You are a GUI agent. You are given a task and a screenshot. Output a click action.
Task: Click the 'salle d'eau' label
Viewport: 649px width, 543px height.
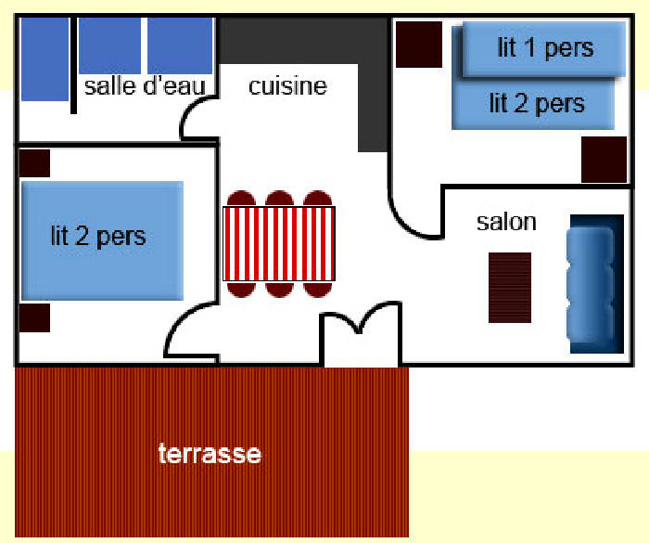pos(144,86)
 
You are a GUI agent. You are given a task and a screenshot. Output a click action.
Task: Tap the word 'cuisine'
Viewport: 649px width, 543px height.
pos(287,86)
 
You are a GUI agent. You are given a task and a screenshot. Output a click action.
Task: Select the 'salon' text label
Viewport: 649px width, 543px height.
pos(506,222)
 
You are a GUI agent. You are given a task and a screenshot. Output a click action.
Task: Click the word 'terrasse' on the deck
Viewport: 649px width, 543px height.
pos(210,455)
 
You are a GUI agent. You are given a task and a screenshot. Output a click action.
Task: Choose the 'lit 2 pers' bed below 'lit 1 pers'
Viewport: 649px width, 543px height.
pos(536,104)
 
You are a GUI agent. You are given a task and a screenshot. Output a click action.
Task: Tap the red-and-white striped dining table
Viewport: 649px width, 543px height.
pos(278,243)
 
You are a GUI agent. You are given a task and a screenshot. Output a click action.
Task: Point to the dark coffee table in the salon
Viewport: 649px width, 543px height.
pos(510,287)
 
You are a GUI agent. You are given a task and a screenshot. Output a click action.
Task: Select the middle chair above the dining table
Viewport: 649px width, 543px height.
pos(279,199)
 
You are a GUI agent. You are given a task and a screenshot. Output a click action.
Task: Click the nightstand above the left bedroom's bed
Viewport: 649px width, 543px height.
pos(34,162)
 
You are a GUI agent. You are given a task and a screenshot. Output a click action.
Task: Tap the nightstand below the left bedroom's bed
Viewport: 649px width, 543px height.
pos(34,317)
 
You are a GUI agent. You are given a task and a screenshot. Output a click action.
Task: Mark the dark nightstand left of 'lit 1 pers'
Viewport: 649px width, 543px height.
pos(418,44)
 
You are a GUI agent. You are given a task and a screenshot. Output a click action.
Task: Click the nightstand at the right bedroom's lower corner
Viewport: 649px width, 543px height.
pos(604,159)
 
